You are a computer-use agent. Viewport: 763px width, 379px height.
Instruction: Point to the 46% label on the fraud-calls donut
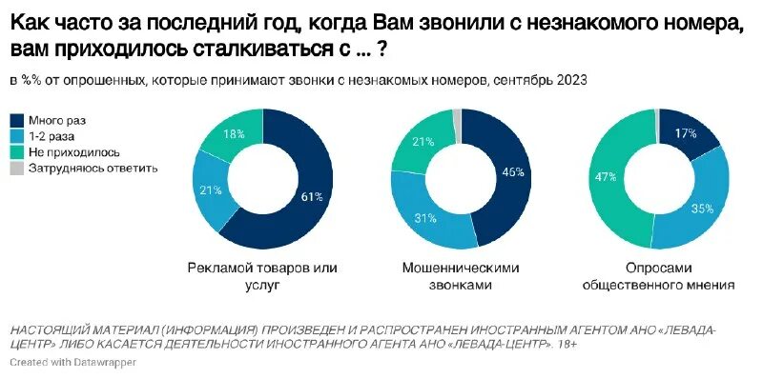pyautogui.click(x=512, y=173)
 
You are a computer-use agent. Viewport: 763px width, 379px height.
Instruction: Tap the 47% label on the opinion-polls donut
pyautogui.click(x=605, y=177)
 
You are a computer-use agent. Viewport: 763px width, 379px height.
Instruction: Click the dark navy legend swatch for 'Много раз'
pyautogui.click(x=16, y=120)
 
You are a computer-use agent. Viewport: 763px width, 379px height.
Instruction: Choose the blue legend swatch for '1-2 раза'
pyautogui.click(x=16, y=136)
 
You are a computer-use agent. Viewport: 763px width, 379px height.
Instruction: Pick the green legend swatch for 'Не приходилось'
pyautogui.click(x=16, y=152)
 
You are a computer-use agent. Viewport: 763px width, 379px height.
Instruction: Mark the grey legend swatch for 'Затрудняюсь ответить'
pyautogui.click(x=16, y=169)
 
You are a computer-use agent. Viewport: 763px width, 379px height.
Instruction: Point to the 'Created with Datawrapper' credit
pyautogui.click(x=73, y=363)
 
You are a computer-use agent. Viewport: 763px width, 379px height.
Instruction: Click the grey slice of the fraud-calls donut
pyautogui.click(x=457, y=124)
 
